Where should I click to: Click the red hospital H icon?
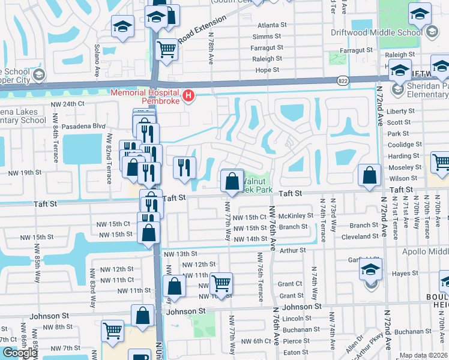pyautogui.click(x=188, y=95)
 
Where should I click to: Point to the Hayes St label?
pyautogui.click(x=405, y=274)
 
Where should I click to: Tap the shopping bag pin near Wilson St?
pyautogui.click(x=370, y=175)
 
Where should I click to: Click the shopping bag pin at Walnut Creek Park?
pyautogui.click(x=232, y=181)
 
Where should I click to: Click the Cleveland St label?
pyautogui.click(x=360, y=236)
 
